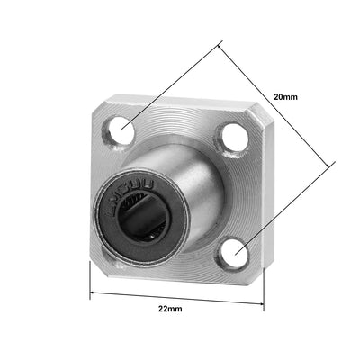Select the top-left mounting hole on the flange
[x=123, y=132]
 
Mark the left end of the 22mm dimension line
[x=90, y=293]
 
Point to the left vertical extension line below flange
[x=90, y=279]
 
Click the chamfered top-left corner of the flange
[x=96, y=105]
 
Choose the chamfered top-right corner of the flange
[x=254, y=114]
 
